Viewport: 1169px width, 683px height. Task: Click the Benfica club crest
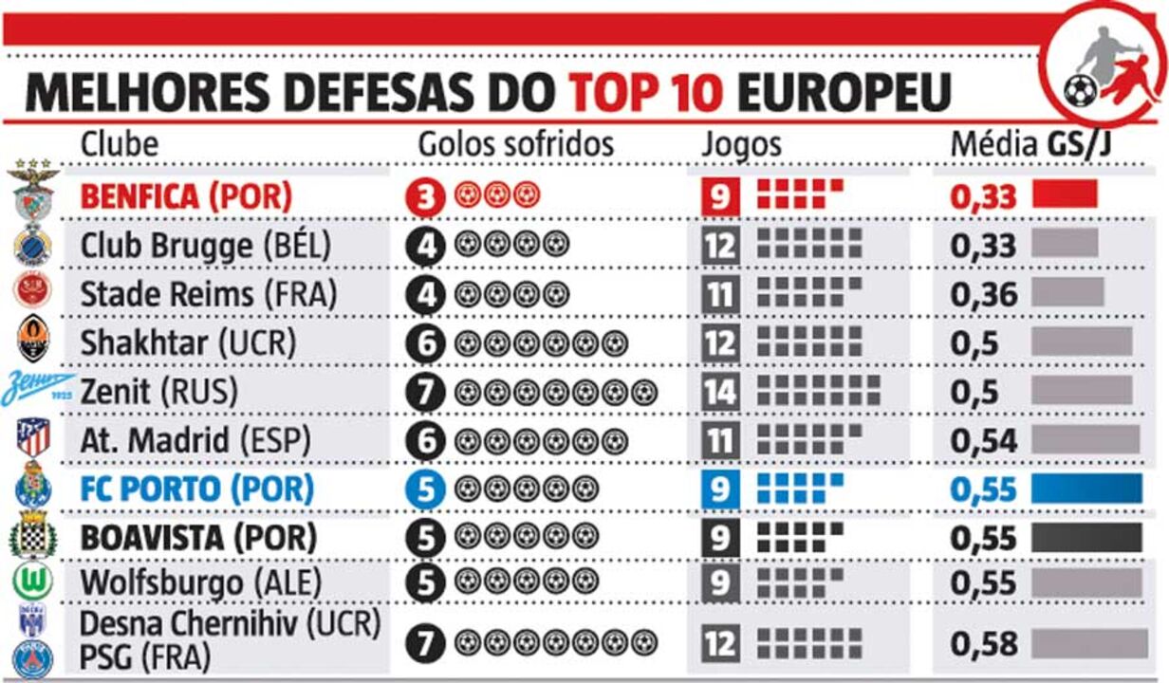(x=33, y=194)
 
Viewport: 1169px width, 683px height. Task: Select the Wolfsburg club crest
(x=33, y=581)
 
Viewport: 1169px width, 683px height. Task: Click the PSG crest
(x=33, y=658)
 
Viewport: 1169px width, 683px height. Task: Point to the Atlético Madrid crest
(x=33, y=439)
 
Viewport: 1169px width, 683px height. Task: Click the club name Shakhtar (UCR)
(x=188, y=342)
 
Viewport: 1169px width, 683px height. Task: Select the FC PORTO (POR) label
(x=196, y=489)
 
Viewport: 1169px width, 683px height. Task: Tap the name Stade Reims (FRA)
(x=209, y=293)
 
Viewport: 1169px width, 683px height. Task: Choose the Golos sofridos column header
(x=516, y=144)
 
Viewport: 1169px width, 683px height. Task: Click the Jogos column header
(x=741, y=144)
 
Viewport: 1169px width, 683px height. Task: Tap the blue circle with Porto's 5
(x=426, y=489)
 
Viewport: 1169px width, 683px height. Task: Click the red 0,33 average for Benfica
(x=983, y=197)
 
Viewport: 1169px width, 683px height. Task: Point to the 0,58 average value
(x=983, y=643)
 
